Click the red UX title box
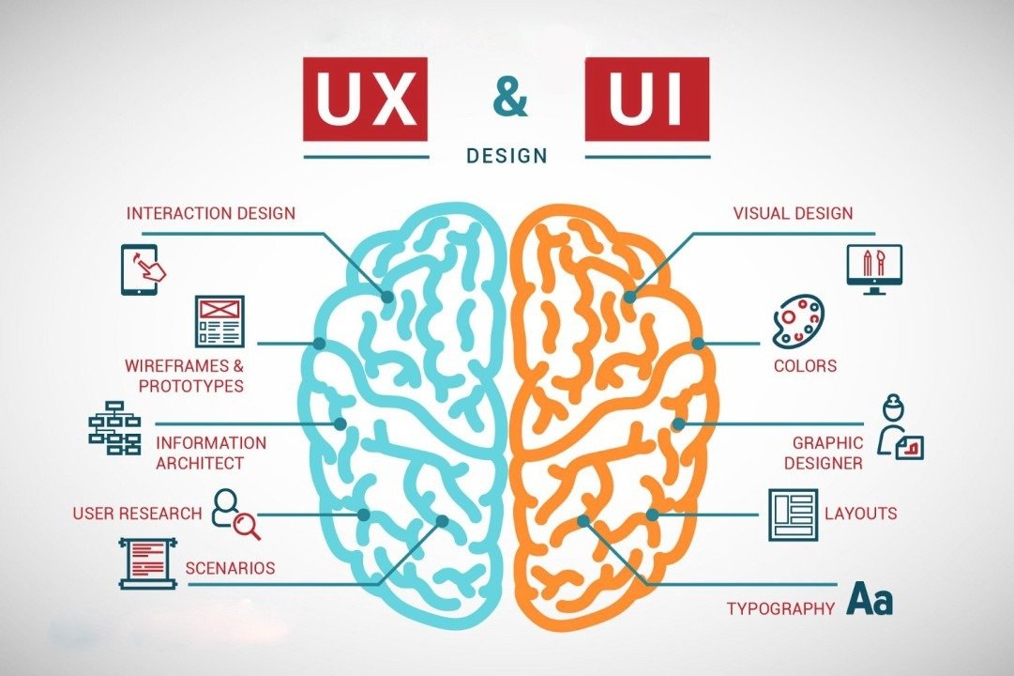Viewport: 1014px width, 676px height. point(366,100)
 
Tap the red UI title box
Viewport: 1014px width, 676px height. point(646,100)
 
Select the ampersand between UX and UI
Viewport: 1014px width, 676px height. point(510,98)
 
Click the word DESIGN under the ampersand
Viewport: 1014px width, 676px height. point(507,156)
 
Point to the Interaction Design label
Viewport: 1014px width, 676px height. point(211,213)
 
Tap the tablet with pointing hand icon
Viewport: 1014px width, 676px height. point(143,269)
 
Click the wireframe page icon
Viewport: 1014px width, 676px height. point(219,320)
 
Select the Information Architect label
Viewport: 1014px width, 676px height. point(211,453)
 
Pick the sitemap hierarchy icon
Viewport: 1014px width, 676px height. point(114,426)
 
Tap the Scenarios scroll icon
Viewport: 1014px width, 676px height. point(148,562)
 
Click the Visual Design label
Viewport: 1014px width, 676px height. point(793,213)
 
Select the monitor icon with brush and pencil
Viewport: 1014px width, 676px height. point(874,269)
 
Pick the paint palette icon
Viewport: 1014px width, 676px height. point(798,321)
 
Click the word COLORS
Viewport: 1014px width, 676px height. point(805,366)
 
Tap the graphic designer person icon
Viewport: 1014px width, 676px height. point(900,426)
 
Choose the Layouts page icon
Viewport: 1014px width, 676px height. point(793,515)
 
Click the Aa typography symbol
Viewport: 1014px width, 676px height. point(870,599)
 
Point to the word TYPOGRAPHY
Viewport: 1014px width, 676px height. point(780,608)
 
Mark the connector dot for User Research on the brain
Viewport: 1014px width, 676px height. point(364,515)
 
